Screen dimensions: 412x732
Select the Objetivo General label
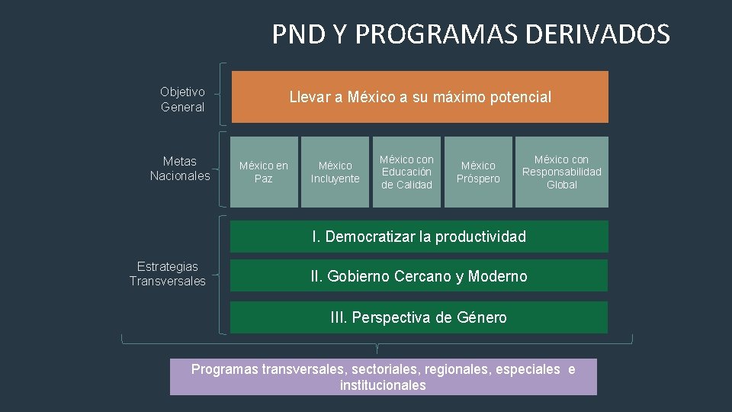[182, 99]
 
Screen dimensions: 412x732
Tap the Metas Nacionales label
[180, 169]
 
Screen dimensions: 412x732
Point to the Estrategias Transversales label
[168, 273]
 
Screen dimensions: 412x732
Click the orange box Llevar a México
[419, 97]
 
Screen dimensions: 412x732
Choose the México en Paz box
[264, 172]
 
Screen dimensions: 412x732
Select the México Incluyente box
[335, 172]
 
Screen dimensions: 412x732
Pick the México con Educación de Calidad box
[406, 172]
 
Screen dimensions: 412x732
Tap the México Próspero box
[478, 172]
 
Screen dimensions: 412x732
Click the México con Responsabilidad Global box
[561, 172]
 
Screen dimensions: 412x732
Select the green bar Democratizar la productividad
[419, 237]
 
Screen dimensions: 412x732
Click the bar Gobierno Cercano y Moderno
[419, 276]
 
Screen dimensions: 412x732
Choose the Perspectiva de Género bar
[419, 317]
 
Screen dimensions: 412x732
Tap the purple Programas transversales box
[383, 377]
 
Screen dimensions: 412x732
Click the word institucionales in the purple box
[383, 385]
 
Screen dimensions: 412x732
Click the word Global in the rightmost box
[562, 185]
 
